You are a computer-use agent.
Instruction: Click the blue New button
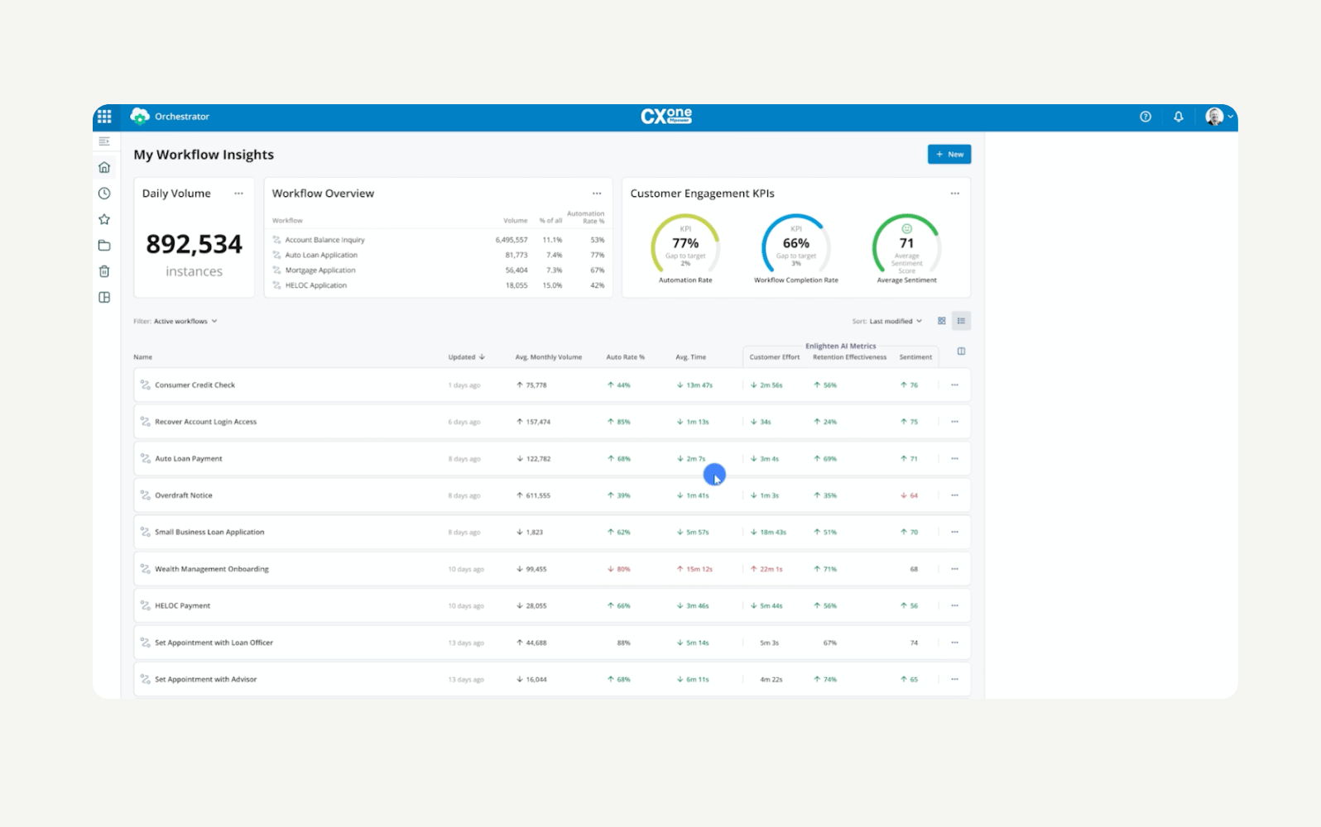(x=949, y=155)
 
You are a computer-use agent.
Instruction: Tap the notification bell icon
(x=1178, y=117)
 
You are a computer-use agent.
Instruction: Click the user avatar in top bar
(x=1214, y=117)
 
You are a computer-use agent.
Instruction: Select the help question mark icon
(x=1146, y=117)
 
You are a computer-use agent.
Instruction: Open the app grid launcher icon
(x=104, y=117)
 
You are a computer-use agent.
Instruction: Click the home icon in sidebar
(x=104, y=168)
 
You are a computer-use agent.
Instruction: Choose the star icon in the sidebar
(x=104, y=219)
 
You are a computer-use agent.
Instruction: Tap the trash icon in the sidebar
(x=104, y=271)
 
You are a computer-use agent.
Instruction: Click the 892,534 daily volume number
(x=194, y=244)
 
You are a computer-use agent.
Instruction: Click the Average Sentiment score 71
(x=906, y=244)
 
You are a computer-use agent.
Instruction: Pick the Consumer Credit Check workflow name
(x=195, y=385)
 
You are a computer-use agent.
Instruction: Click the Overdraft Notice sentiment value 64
(x=913, y=495)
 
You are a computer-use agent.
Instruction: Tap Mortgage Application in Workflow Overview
(x=320, y=270)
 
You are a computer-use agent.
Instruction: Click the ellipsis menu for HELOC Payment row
(x=954, y=606)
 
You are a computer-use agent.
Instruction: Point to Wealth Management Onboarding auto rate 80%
(x=622, y=569)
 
